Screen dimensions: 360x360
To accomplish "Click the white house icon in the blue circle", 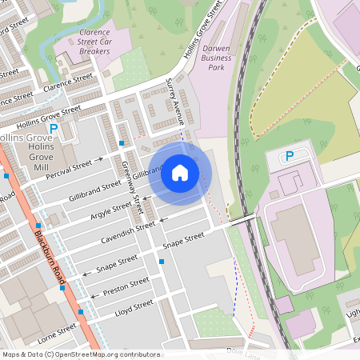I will click(x=180, y=173).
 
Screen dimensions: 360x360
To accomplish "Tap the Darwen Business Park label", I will click(x=216, y=58).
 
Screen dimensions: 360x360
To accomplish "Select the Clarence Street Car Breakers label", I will click(x=94, y=42).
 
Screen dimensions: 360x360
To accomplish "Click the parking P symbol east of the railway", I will click(x=290, y=156).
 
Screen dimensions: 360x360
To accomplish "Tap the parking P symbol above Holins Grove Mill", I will click(x=54, y=128).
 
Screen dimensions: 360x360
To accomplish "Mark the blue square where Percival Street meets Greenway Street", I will click(x=122, y=142).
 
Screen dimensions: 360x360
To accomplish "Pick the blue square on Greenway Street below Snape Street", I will click(x=162, y=261).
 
